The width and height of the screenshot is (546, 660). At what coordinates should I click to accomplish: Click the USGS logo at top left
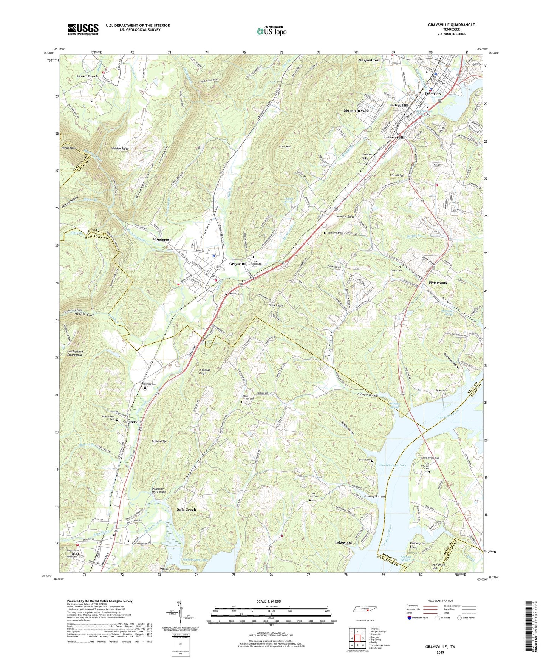pos(83,29)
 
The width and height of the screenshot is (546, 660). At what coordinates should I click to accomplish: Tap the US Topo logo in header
pos(271,31)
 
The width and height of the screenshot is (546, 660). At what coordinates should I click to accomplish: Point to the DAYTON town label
pos(433,94)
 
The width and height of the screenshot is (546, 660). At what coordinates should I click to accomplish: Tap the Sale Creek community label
pos(186,510)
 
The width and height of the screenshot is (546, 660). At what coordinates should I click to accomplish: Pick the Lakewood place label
pos(343,542)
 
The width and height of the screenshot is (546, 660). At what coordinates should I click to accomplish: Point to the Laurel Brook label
pos(87,76)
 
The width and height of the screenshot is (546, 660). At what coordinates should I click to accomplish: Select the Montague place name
pos(161,240)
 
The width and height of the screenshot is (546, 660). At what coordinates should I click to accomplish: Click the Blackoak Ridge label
pos(203,371)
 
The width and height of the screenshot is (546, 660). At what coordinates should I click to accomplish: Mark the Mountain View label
pos(356,111)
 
